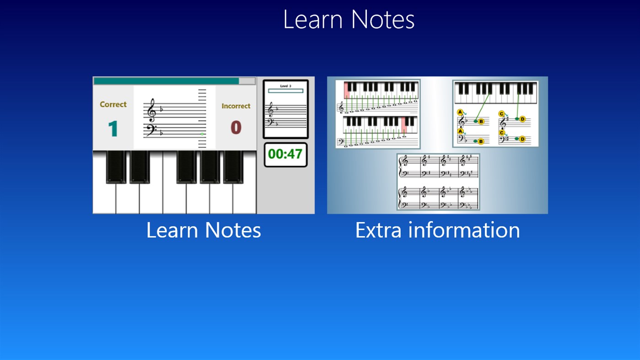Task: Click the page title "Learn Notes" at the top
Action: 349,20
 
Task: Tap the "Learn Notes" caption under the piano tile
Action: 204,230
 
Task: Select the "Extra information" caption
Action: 437,230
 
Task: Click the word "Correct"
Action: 113,104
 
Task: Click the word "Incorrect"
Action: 236,106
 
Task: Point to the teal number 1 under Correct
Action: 113,129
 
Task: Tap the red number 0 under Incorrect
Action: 236,128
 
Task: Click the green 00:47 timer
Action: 285,154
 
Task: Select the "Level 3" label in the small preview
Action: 285,86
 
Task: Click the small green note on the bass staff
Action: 202,134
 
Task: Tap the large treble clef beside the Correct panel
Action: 151,110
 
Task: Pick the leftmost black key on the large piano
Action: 116,167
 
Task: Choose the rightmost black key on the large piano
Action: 233,167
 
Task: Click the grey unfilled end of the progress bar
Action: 247,81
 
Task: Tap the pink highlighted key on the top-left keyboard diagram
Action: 347,90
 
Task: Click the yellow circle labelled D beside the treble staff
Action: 522,119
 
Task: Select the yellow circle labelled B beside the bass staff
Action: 481,141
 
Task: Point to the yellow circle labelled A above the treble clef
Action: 460,112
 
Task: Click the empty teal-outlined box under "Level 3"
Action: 285,91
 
